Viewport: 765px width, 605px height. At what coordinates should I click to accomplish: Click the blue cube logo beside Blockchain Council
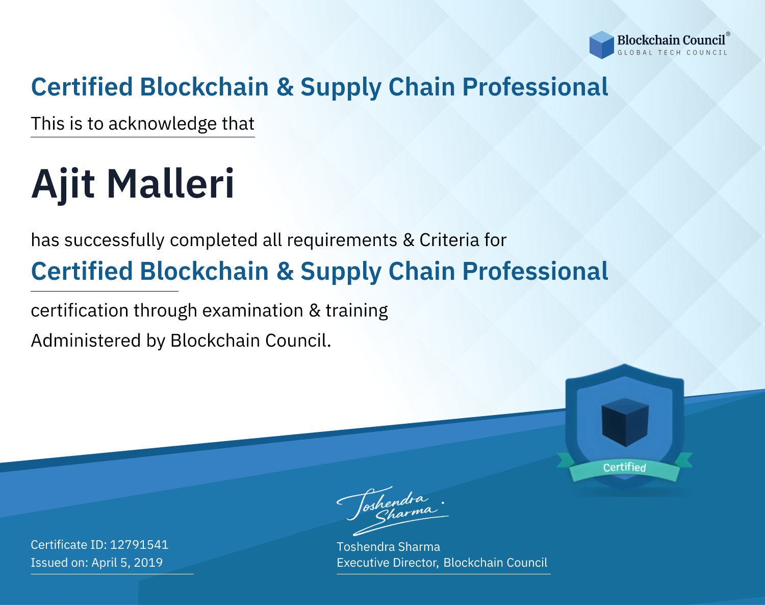601,45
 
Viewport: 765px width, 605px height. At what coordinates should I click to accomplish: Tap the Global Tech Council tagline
672,53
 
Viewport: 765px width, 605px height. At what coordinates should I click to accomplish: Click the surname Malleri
171,183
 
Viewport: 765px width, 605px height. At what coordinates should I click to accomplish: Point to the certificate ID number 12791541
139,544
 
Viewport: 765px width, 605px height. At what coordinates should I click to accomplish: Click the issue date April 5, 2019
127,563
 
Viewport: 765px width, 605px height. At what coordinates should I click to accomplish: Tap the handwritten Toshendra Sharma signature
393,511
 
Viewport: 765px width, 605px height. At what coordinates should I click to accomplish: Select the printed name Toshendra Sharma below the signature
388,547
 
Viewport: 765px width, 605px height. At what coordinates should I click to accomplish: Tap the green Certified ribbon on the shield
625,467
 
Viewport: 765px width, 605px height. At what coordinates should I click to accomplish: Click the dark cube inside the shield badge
625,422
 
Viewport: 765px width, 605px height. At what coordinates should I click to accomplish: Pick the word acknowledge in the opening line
163,124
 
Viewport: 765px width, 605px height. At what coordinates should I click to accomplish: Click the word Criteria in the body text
449,240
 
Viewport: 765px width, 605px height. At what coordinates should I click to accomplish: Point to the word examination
253,310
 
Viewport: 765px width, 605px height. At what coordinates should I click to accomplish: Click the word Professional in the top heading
535,87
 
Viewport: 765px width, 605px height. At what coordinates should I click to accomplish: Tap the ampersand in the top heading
285,87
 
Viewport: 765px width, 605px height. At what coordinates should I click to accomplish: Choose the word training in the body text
357,311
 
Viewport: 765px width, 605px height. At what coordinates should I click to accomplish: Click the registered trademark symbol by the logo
728,34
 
